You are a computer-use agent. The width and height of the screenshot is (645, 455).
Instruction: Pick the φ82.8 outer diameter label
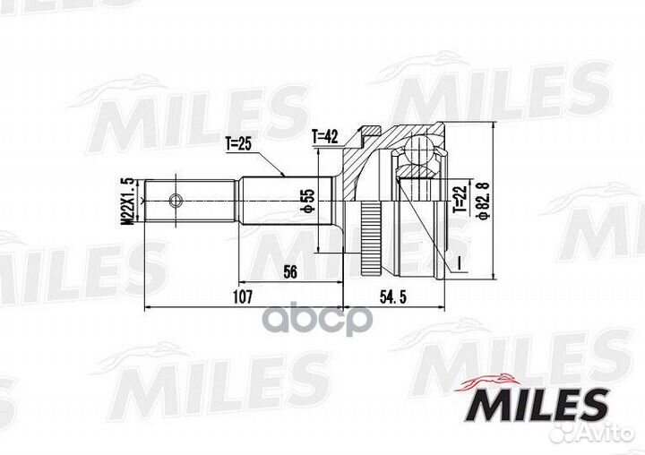485,200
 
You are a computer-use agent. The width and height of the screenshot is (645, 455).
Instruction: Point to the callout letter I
458,263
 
